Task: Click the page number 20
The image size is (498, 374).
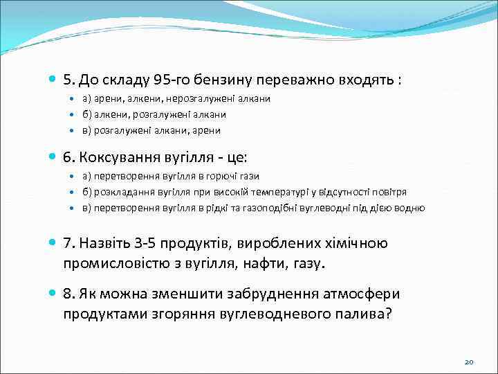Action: (x=468, y=362)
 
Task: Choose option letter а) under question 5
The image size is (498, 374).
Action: (x=87, y=99)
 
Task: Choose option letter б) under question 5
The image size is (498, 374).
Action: (x=87, y=114)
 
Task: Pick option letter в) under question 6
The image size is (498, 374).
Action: (x=87, y=208)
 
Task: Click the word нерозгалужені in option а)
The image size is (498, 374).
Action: (x=215, y=99)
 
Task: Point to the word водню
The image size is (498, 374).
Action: (x=411, y=208)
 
